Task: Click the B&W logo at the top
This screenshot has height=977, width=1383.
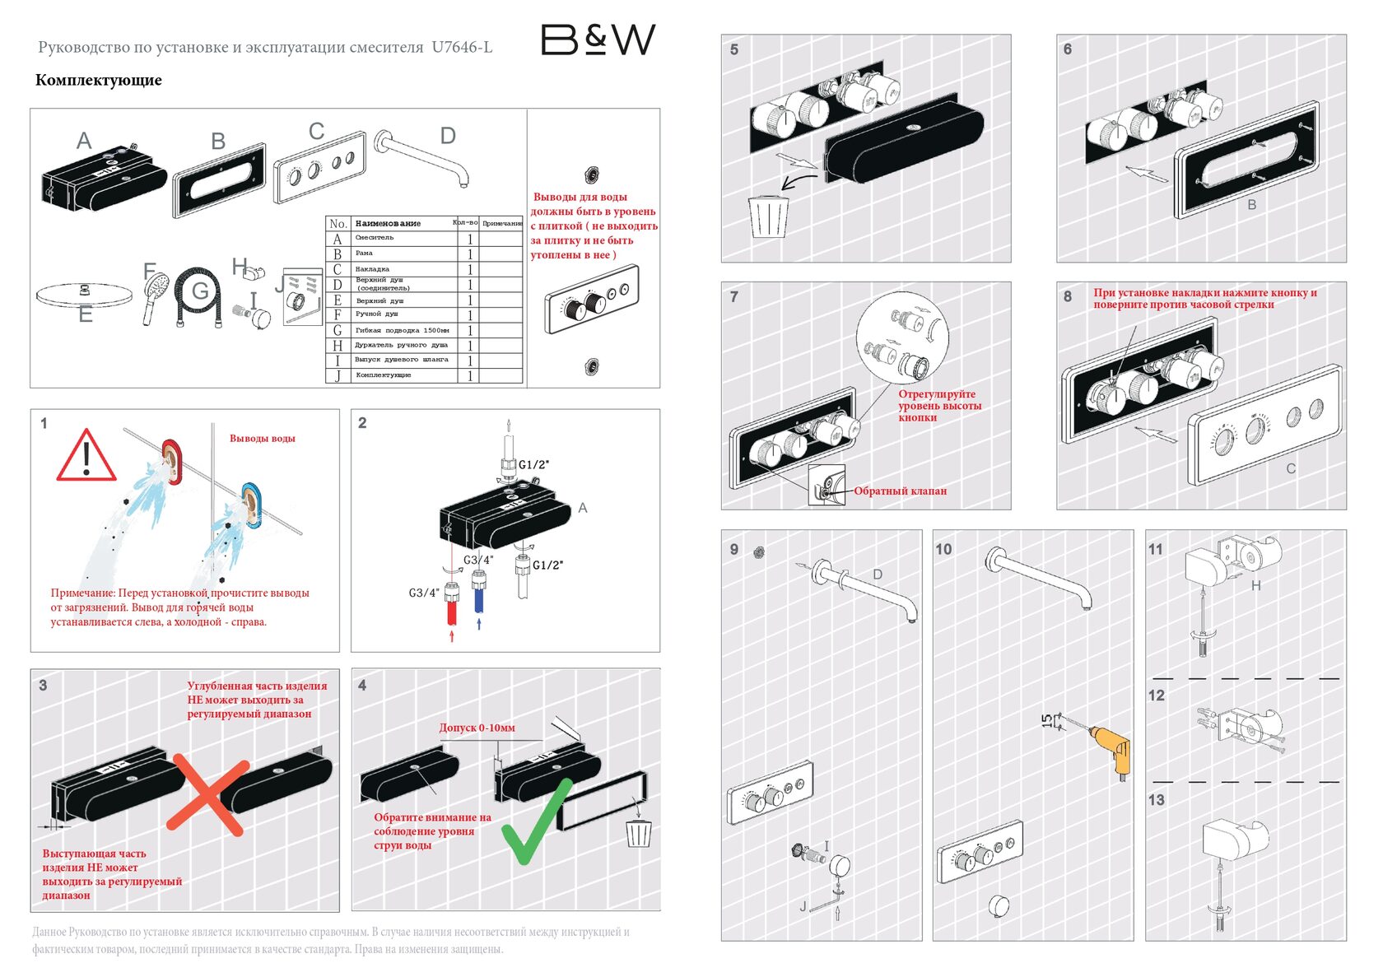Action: coord(598,39)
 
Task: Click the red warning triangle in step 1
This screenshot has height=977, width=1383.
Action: coord(86,456)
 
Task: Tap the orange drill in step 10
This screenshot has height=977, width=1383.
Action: coord(1111,748)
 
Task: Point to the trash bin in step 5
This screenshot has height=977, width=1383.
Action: coord(768,216)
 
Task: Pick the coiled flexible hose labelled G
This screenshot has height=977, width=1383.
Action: coord(198,295)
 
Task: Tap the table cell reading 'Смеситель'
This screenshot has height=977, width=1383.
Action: coord(375,238)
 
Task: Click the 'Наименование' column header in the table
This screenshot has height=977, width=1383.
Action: coord(388,223)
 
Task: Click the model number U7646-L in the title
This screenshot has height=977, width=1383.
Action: coord(462,47)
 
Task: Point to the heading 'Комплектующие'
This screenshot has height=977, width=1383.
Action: coord(98,80)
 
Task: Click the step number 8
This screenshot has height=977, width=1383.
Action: coord(1068,296)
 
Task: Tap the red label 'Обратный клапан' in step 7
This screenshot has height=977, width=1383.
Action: coord(900,491)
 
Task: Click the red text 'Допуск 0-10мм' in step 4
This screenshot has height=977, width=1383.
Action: coord(477,728)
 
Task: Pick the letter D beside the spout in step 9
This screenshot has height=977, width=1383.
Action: coord(878,575)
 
